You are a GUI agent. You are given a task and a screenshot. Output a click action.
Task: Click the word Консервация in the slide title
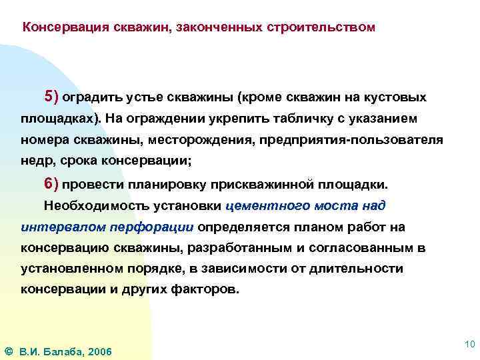[x=65, y=28]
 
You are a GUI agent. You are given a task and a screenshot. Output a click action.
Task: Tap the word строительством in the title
[x=321, y=28]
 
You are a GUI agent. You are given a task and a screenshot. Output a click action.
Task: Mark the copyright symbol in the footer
[x=8, y=351]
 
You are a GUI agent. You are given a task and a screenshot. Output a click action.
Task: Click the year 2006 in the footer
[x=99, y=351]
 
